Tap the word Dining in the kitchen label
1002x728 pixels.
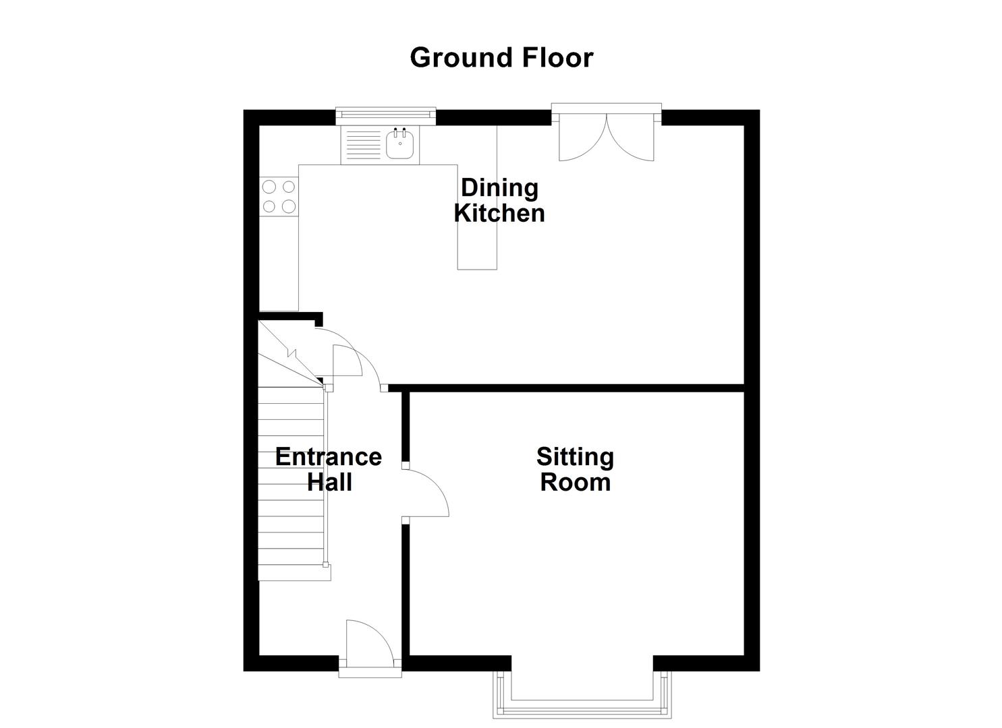tap(499, 188)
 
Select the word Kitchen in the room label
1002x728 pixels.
tap(499, 213)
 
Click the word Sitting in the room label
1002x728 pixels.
tap(575, 457)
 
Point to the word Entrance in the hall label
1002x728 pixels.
tap(329, 457)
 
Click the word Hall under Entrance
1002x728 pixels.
tap(329, 483)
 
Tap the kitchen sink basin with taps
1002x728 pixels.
tap(400, 144)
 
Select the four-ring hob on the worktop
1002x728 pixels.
tap(279, 196)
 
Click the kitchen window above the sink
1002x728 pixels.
tap(386, 115)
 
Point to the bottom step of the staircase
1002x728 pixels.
tap(293, 572)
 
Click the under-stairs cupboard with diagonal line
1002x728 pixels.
tap(287, 351)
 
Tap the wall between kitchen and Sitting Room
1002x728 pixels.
tap(567, 388)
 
